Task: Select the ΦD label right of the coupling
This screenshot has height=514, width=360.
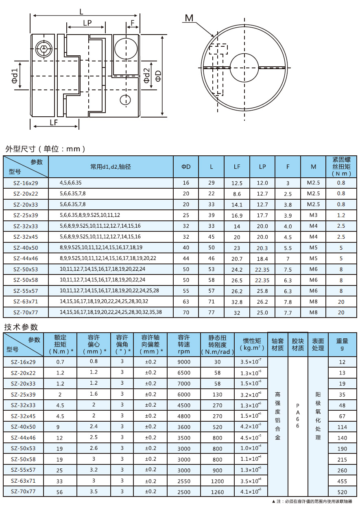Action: pos(158,76)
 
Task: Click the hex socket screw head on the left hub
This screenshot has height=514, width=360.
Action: pos(44,49)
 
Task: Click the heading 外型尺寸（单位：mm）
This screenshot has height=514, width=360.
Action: pos(45,149)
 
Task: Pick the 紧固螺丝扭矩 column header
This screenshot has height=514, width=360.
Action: pos(341,167)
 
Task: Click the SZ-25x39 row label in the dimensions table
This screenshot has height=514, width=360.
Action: pos(25,215)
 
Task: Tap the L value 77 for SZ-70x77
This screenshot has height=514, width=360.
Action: pos(212,312)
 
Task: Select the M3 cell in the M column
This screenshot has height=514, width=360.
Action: pos(313,215)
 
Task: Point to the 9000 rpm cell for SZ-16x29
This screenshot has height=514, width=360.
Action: pos(184,362)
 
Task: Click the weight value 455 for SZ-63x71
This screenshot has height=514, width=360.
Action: pos(342,481)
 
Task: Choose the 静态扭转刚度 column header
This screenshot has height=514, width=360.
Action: pos(218,344)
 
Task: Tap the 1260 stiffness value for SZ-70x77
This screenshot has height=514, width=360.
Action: pos(218,492)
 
